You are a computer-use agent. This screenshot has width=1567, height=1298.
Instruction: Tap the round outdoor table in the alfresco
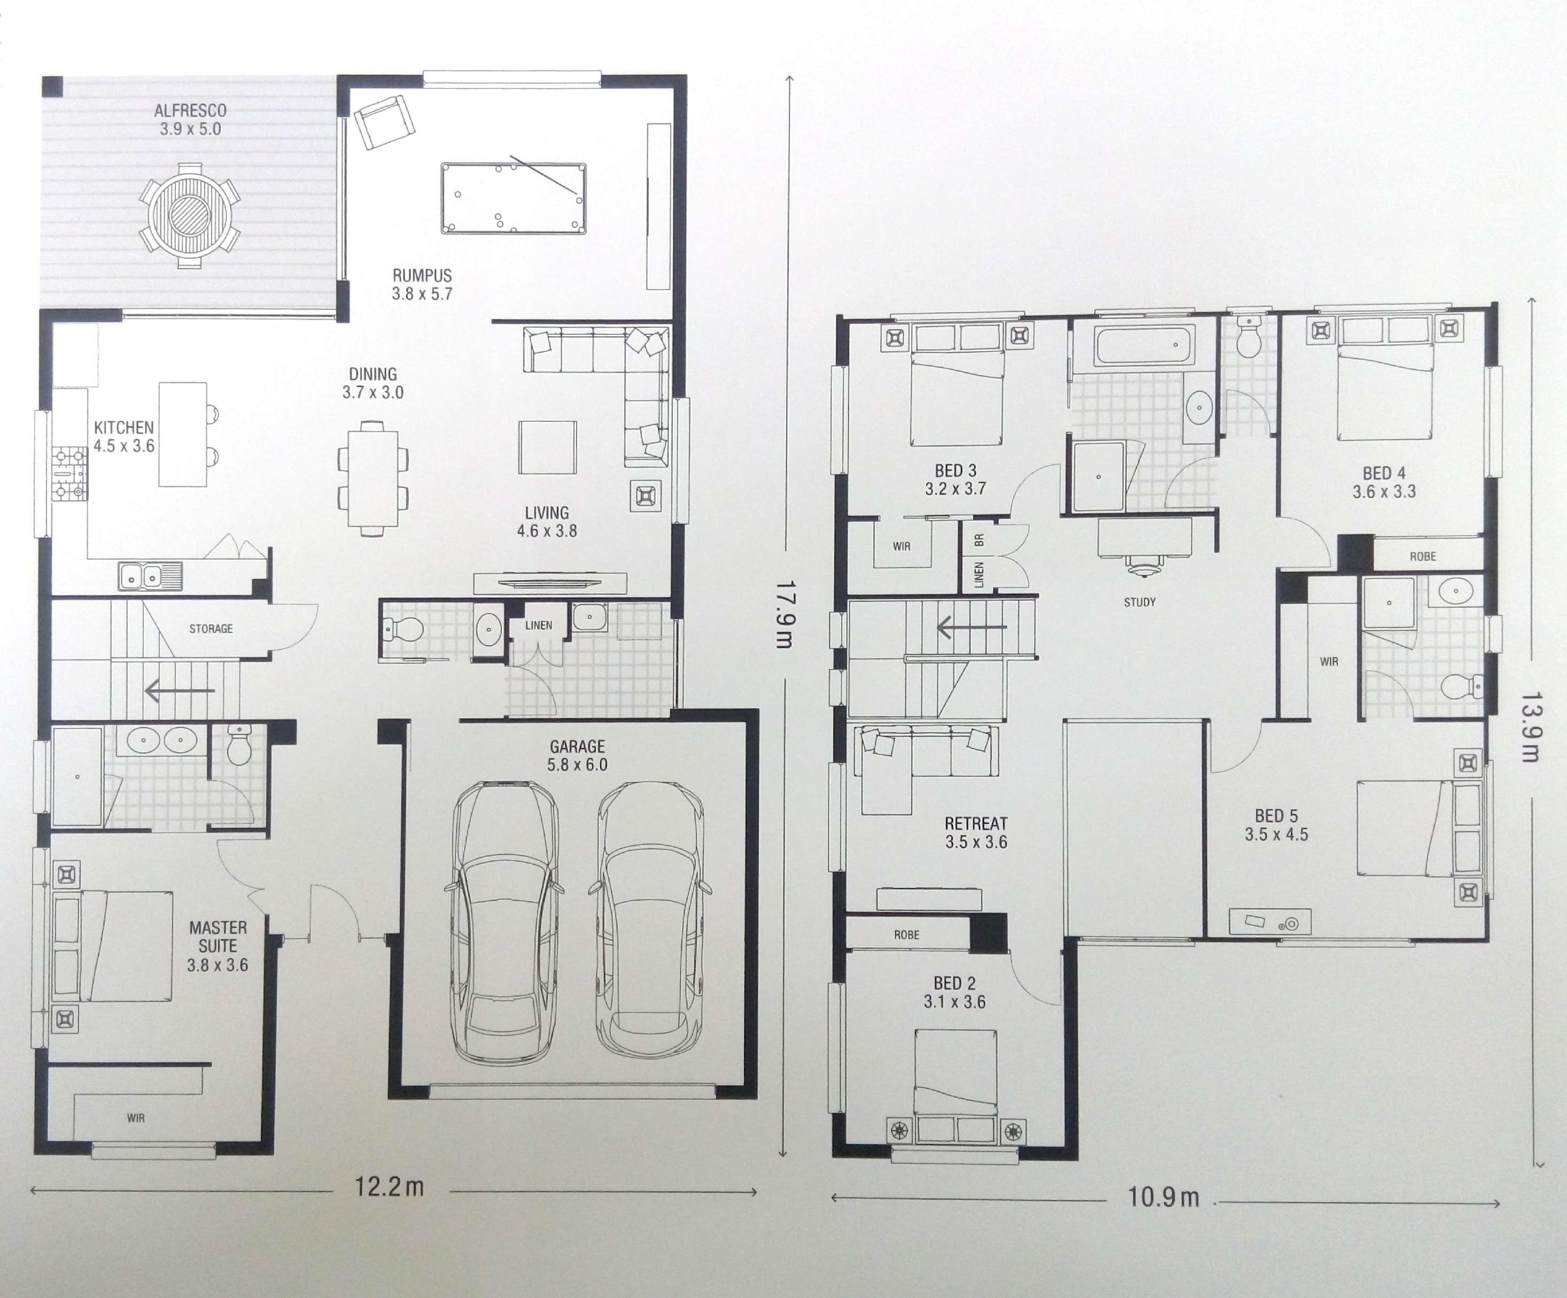[190, 215]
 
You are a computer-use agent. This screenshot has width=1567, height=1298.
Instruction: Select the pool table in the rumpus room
[514, 198]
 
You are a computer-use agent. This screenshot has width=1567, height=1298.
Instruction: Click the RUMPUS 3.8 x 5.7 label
[422, 284]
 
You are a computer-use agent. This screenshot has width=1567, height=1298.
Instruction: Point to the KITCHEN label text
[124, 428]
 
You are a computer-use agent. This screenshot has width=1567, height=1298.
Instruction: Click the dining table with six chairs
[373, 478]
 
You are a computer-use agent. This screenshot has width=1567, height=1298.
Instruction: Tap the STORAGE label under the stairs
[211, 629]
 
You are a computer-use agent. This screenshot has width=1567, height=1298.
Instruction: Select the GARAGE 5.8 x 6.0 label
[577, 755]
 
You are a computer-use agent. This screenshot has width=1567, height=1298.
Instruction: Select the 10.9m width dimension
[1162, 1198]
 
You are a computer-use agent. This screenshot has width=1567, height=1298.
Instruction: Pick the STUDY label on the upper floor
[1139, 601]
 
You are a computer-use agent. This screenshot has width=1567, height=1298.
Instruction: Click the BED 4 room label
[1384, 473]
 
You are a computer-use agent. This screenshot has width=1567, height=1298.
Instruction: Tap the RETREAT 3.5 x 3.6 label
[976, 833]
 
